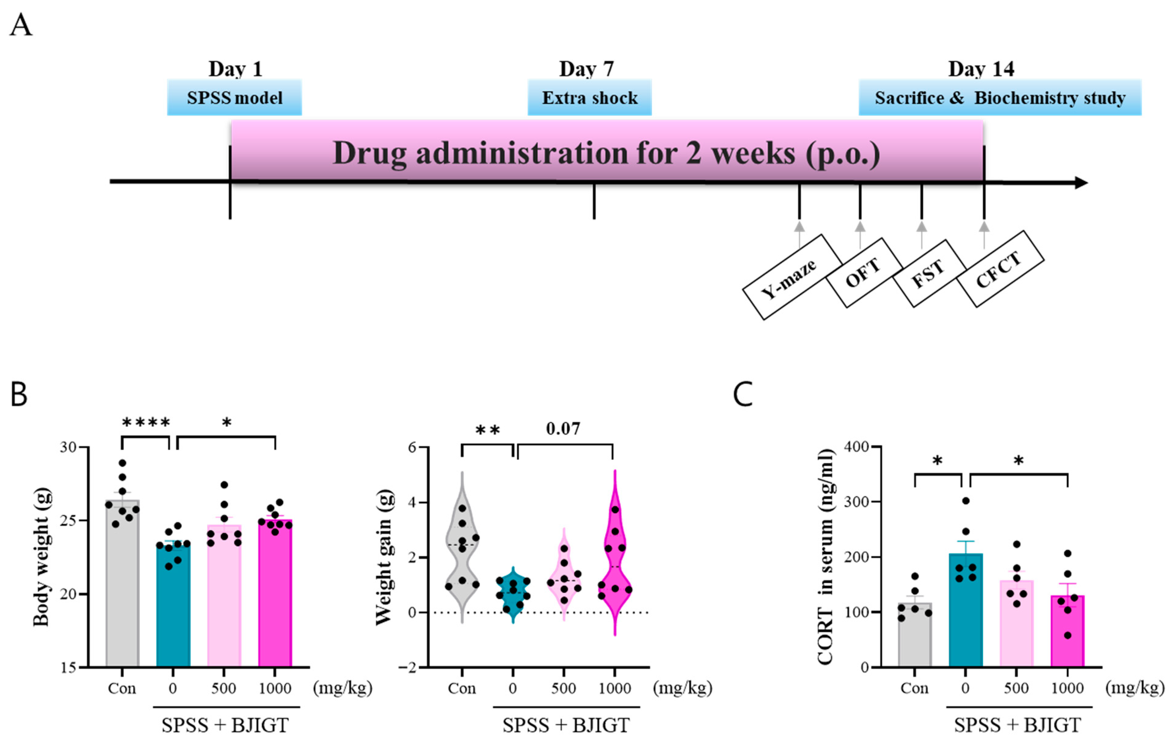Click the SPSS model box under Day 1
click(234, 97)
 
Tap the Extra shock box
click(590, 97)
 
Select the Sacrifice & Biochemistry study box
click(1000, 97)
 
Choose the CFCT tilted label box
click(1000, 269)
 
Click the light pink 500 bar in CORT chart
click(1017, 629)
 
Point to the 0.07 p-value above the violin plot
click(563, 428)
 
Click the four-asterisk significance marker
click(146, 422)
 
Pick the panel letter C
click(743, 394)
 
